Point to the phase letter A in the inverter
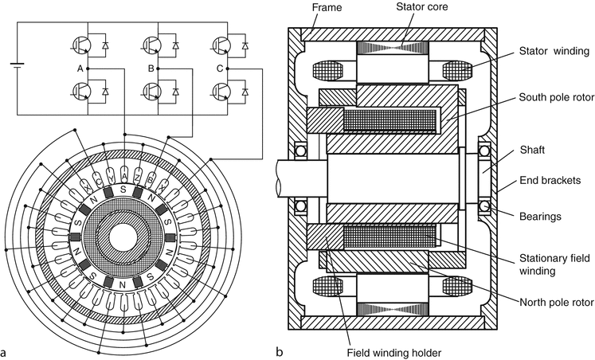80,68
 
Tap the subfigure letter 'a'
6,349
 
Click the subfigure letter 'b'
278,350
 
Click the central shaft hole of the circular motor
123,237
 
